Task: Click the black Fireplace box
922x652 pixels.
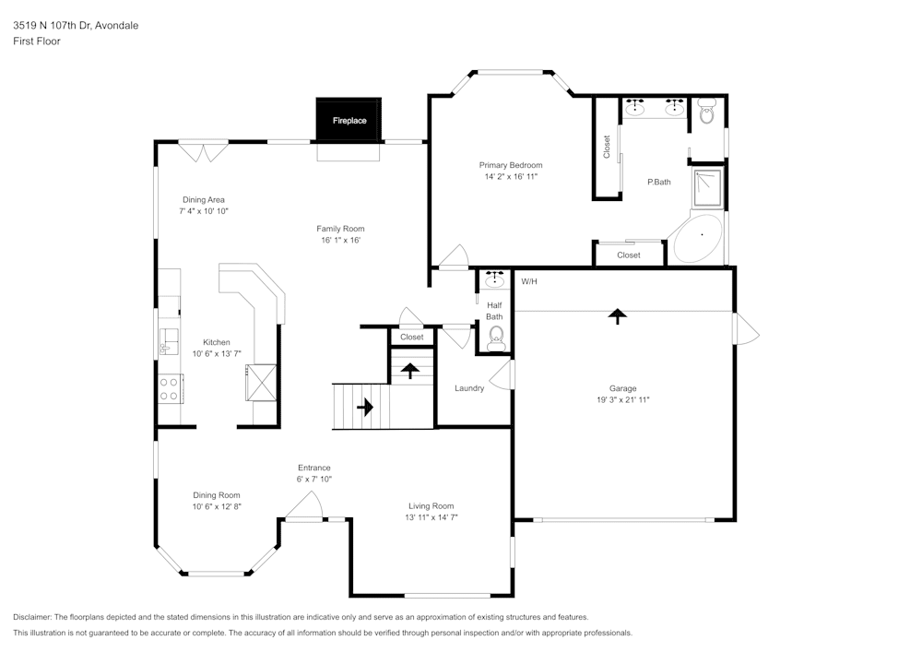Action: [349, 120]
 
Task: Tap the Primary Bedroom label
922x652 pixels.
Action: [510, 165]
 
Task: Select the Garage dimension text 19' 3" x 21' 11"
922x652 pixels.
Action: [622, 399]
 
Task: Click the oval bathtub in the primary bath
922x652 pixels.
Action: [698, 239]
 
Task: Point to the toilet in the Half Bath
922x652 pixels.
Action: [496, 336]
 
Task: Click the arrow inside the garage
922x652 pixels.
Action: [617, 316]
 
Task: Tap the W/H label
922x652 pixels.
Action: [529, 281]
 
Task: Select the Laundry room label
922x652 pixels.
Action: [469, 388]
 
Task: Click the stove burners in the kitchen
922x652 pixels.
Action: [170, 388]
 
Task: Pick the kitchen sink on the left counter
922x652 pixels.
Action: [168, 341]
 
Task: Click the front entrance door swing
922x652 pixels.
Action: [305, 506]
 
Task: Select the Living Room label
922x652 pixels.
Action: [431, 505]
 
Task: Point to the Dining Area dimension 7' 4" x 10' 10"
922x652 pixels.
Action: [203, 211]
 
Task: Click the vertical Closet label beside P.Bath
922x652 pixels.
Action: [607, 147]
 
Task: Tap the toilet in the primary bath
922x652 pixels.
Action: [707, 113]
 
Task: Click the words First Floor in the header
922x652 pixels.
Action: [37, 41]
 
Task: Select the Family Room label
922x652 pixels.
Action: [340, 229]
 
